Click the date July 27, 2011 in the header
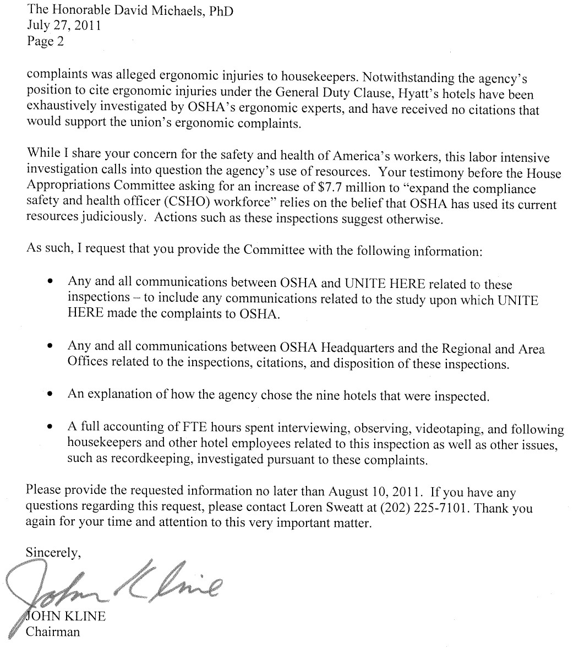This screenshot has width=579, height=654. tap(63, 25)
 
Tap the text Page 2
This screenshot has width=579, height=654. tap(46, 41)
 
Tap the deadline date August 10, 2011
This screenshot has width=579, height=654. tap(377, 492)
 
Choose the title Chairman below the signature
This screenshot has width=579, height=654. tap(53, 632)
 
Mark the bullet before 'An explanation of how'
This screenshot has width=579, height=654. tap(51, 395)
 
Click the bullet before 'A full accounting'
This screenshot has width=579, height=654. tap(51, 427)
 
